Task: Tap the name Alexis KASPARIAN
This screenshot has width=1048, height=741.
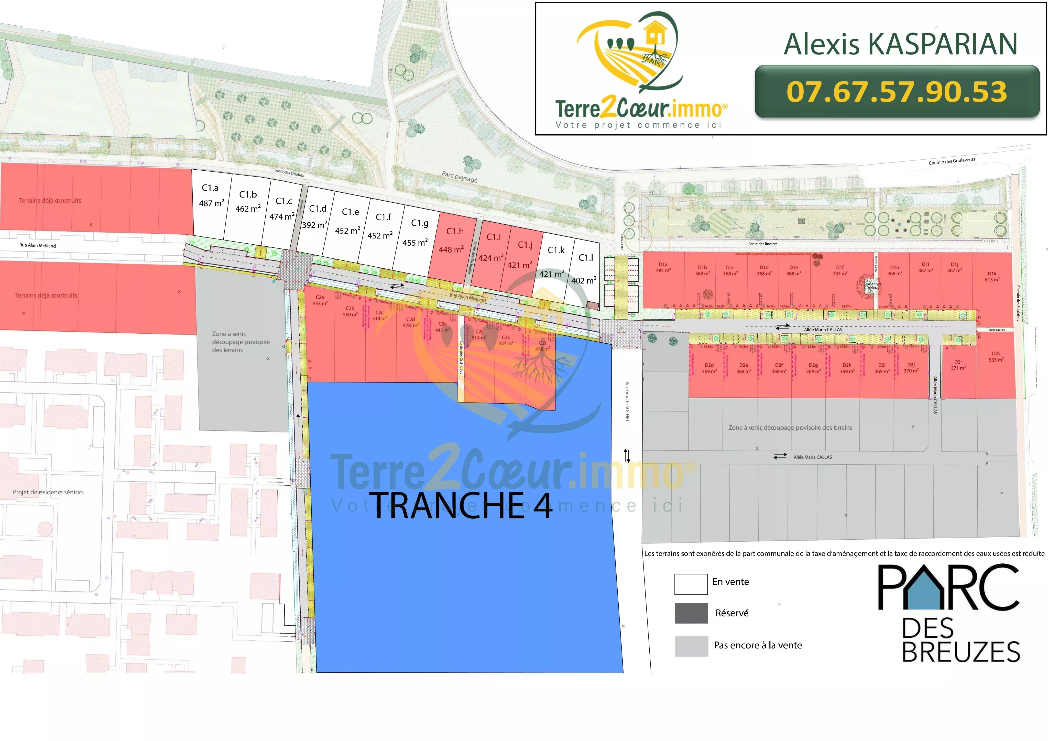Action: pos(900,44)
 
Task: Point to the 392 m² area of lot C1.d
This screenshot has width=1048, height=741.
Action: pos(314,225)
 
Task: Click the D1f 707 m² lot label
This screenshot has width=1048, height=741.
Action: pos(839,270)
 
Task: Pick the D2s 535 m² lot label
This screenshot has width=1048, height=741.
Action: pos(996,357)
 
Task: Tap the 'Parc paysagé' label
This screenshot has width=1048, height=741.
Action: pos(459,177)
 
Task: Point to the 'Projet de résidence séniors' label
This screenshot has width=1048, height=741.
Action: pos(48,492)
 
